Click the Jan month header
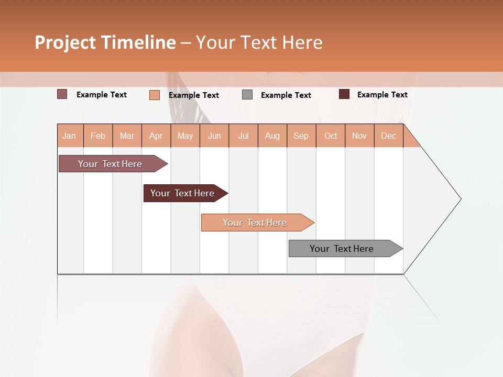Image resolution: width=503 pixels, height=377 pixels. click(x=69, y=136)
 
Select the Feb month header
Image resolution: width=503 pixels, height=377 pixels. click(x=98, y=136)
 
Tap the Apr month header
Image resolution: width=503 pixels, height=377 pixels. click(x=156, y=136)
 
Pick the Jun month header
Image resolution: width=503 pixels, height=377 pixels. click(x=214, y=136)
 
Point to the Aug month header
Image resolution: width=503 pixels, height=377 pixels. click(x=272, y=136)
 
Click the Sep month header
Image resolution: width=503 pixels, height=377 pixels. click(x=301, y=136)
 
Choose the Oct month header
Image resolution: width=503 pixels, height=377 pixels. click(x=331, y=136)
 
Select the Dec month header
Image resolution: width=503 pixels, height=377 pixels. click(x=389, y=136)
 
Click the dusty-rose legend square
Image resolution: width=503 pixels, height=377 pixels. click(x=62, y=94)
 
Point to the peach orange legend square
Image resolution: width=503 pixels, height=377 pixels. click(x=155, y=95)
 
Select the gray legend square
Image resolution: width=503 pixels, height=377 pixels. click(x=247, y=95)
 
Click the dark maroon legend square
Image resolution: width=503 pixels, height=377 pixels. click(x=344, y=94)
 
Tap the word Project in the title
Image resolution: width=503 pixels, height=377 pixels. click(x=65, y=42)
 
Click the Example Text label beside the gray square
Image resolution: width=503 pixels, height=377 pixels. click(x=286, y=95)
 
